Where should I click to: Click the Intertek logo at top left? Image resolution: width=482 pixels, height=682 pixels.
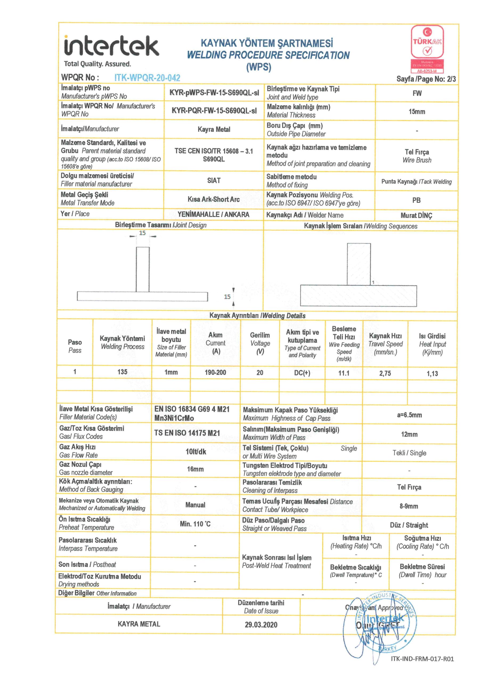(111, 47)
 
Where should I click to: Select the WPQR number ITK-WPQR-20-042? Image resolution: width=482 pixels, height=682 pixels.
(147, 78)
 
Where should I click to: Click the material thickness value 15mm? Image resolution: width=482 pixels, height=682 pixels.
(417, 112)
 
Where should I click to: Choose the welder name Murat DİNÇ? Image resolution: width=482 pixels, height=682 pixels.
(416, 216)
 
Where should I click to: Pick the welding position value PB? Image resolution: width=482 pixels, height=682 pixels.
(416, 200)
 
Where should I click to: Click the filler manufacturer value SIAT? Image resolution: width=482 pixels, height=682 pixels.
(214, 181)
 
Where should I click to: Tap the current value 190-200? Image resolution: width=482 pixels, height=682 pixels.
(215, 372)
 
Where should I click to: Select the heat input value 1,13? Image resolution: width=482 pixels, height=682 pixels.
(432, 374)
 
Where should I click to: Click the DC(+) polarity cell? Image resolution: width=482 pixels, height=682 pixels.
(302, 373)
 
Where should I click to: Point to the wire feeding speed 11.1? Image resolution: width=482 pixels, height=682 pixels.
(344, 373)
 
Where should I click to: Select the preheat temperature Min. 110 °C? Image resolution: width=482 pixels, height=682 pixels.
(195, 524)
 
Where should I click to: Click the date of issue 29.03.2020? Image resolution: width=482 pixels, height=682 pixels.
(261, 625)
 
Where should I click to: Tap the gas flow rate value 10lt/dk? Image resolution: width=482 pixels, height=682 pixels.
(196, 452)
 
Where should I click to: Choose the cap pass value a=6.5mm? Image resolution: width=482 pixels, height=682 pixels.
(409, 415)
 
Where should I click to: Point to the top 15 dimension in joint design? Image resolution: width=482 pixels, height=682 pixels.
(142, 233)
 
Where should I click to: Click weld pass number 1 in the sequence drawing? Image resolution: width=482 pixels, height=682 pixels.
(373, 282)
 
